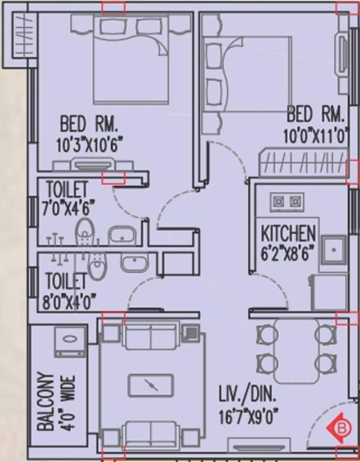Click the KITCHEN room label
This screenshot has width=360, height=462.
coord(288,233)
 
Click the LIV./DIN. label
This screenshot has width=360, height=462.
coord(247,395)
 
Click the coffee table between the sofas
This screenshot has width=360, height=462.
coord(151,385)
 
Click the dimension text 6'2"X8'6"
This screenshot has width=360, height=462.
coord(288,253)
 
